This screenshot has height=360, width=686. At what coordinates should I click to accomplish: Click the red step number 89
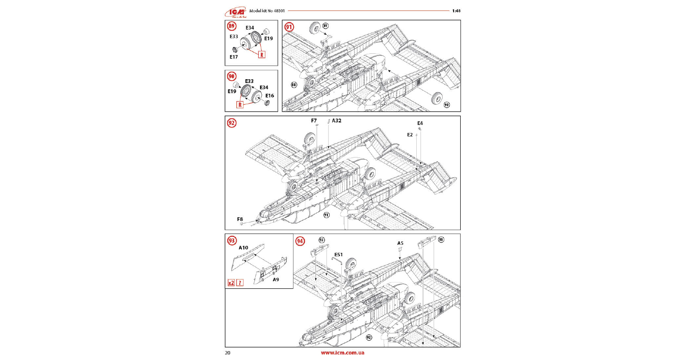[x=231, y=26]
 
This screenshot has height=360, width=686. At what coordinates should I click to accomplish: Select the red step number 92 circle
[x=232, y=123]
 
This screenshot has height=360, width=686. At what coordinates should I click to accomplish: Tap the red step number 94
[x=300, y=241]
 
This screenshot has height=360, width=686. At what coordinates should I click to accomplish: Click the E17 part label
[x=234, y=57]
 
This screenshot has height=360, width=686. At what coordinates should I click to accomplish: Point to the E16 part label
[x=270, y=96]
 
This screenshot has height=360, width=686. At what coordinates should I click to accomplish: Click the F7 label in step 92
[x=314, y=121]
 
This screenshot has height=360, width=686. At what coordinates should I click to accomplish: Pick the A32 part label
[x=337, y=121]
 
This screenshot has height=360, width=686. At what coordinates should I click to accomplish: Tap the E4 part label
[x=420, y=123]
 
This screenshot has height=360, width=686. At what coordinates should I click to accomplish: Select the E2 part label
[x=410, y=135]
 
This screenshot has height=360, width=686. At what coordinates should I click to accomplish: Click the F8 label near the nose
[x=240, y=219]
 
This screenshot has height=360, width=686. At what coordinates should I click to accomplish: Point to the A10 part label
[x=243, y=248]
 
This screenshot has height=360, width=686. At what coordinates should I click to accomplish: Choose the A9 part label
[x=276, y=280]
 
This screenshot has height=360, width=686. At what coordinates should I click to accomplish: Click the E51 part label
[x=338, y=255]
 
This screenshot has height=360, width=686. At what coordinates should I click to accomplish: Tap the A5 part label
[x=400, y=243]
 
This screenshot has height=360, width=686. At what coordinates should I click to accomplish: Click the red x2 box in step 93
[x=231, y=283]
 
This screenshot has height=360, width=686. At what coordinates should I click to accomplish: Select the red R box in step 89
[x=262, y=55]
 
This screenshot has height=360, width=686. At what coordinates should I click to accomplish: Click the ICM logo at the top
[x=235, y=12]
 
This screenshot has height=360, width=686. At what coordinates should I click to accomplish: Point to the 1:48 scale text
[x=456, y=11]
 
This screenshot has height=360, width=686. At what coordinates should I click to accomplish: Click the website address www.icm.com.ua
[x=343, y=353]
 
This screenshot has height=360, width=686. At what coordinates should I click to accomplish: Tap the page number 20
[x=228, y=353]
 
